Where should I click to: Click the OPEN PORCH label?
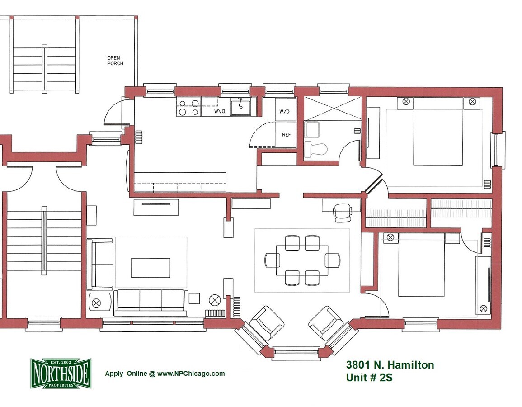tap(115, 61)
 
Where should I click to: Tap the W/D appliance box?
tap(285, 111)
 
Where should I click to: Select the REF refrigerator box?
tap(286, 135)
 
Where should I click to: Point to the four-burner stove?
tap(188, 108)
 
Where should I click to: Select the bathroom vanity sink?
tap(313, 129)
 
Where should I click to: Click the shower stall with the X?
tap(333, 108)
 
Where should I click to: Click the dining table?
tap(302, 260)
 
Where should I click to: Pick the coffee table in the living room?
tap(150, 268)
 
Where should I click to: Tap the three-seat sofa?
tap(150, 302)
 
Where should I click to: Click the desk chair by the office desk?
tap(343, 212)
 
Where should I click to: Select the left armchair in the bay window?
tap(267, 323)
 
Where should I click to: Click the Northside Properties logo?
tap(61, 373)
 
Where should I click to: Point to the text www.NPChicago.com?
tap(191, 374)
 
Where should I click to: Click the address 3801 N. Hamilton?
tap(390, 365)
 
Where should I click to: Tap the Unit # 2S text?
tap(369, 378)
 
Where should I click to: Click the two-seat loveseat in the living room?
tap(100, 264)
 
